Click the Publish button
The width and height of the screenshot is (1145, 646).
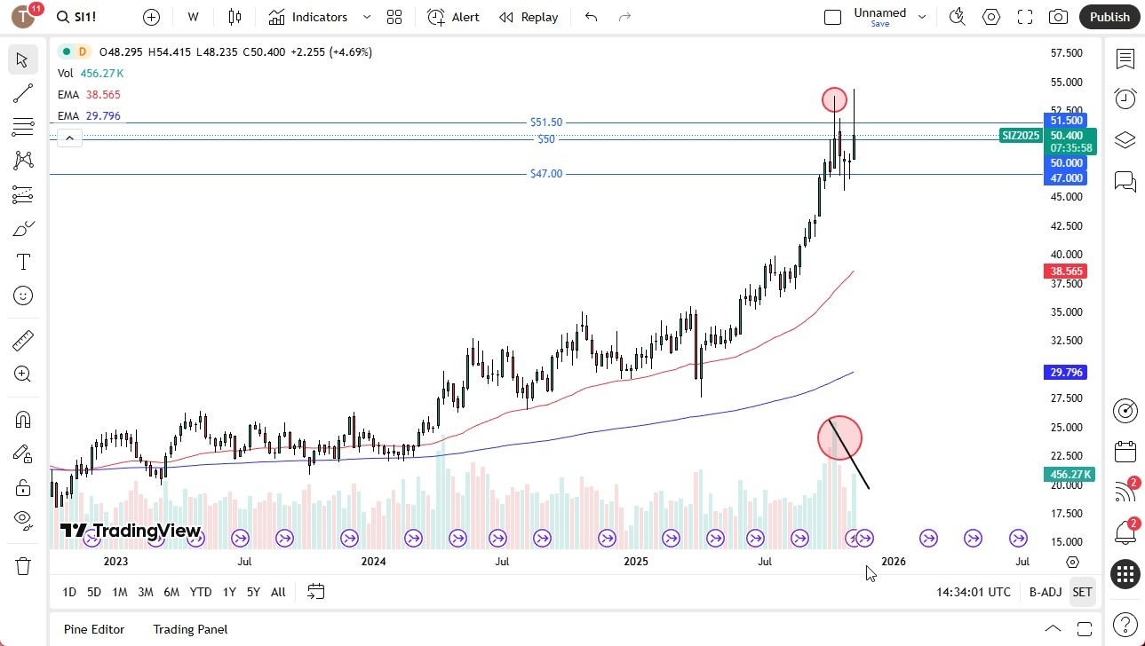[x=1109, y=17]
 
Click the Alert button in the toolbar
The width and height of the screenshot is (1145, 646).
[x=453, y=17]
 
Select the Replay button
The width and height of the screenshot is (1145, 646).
[x=529, y=17]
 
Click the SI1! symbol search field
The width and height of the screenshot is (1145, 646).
[x=86, y=17]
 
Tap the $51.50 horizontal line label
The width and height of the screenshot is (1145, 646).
[x=545, y=122]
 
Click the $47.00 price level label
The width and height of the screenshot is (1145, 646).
[x=545, y=174]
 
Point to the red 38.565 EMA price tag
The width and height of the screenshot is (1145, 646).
[x=1066, y=272]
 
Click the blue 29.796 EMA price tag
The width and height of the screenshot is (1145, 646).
[x=1066, y=373]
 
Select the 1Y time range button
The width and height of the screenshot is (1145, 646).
[x=229, y=592]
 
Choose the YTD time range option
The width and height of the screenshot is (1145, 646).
[x=201, y=592]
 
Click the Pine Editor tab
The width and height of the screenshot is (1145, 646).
[x=94, y=629]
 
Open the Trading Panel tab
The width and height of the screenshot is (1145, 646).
[x=190, y=629]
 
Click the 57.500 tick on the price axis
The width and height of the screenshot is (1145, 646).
[x=1066, y=53]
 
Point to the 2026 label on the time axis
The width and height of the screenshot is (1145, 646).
[x=893, y=561]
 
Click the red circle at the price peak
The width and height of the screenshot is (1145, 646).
[x=834, y=99]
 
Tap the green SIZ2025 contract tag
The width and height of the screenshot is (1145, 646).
[x=1021, y=136]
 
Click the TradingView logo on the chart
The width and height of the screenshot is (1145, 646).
[x=131, y=532]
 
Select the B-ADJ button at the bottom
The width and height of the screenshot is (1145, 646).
[x=1045, y=592]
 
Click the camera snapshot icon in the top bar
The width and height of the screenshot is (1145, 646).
[x=1058, y=17]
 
